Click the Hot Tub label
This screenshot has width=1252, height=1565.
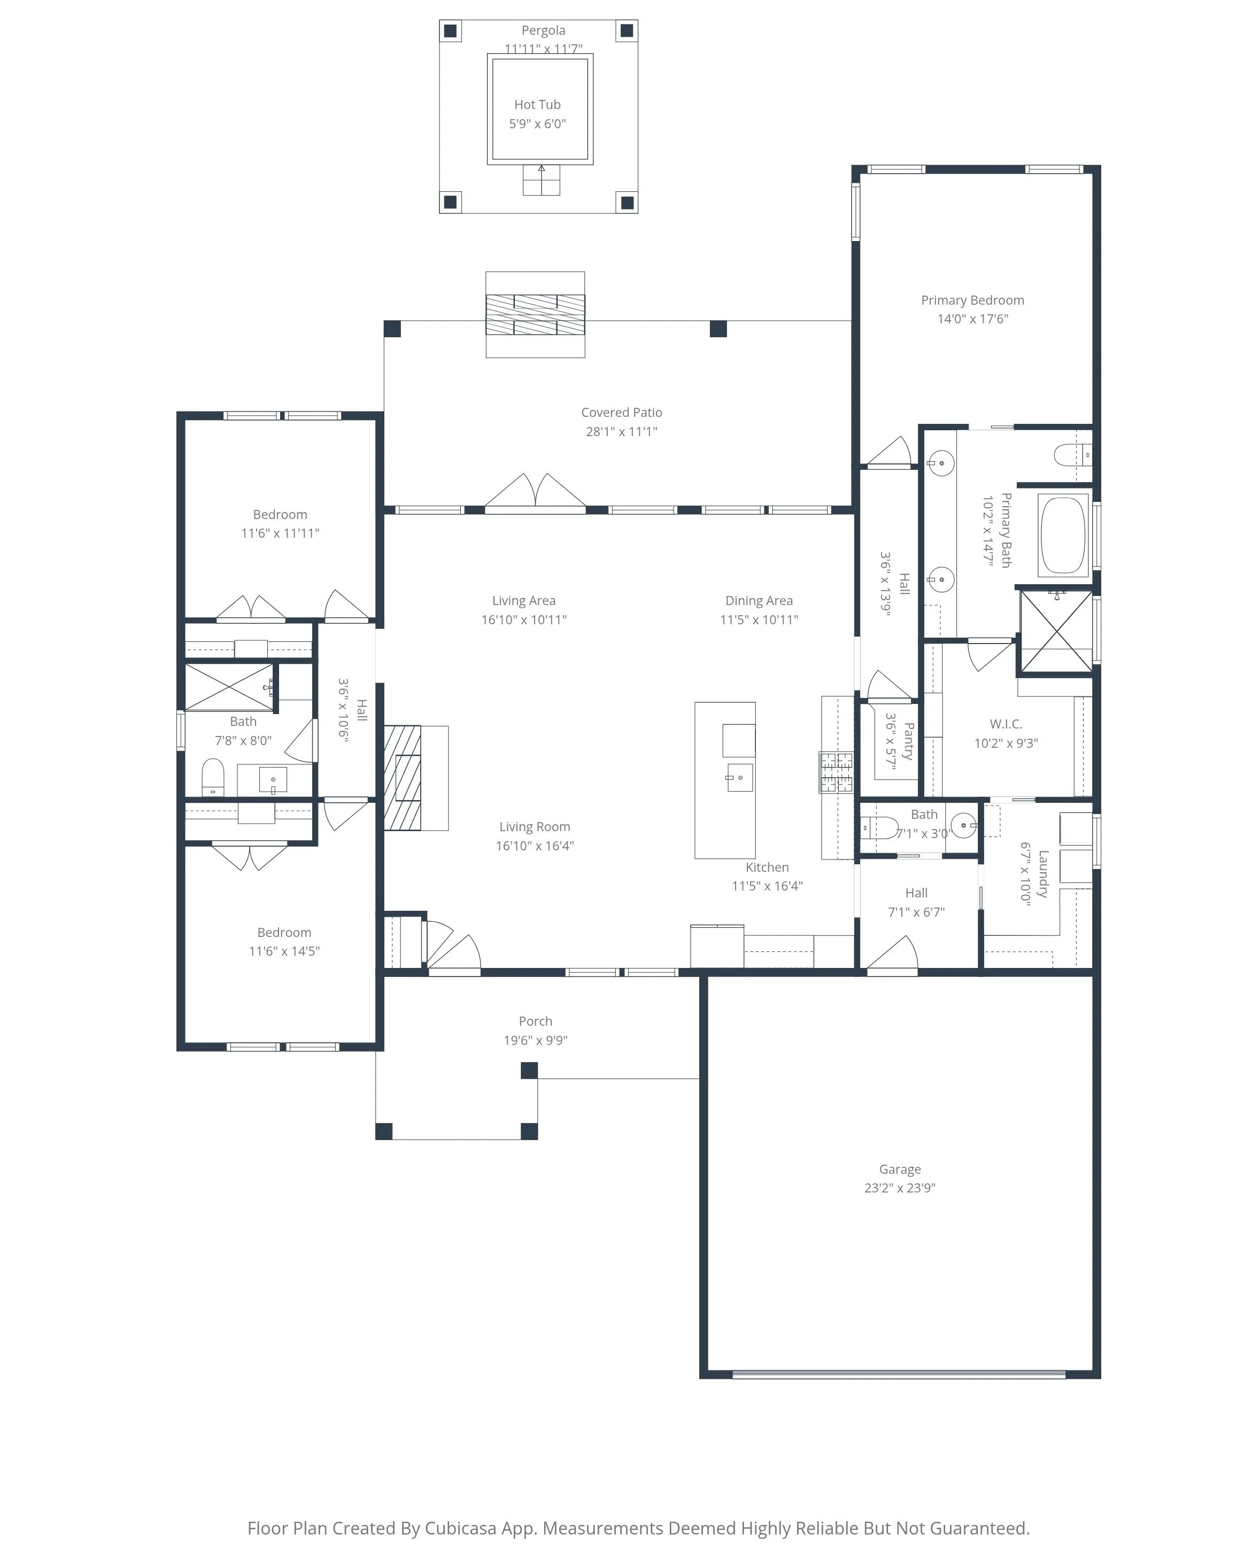tap(537, 105)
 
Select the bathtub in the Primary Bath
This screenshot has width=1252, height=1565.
tap(1063, 535)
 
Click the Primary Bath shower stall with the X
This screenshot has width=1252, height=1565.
tap(1056, 631)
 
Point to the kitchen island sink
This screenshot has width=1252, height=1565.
tap(739, 777)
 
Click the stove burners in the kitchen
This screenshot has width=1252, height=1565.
tap(836, 772)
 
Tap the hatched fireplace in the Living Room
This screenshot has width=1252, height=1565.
tap(403, 777)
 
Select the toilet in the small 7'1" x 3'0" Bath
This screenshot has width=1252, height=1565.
tap(879, 827)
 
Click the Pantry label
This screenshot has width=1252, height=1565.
tap(907, 740)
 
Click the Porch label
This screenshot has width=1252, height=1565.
tap(535, 1021)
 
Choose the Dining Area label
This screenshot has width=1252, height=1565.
tap(759, 600)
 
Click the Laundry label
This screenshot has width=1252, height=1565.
tap(1043, 874)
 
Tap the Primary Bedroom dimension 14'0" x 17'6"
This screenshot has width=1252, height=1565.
tap(972, 319)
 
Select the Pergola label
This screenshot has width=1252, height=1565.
tap(543, 30)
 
